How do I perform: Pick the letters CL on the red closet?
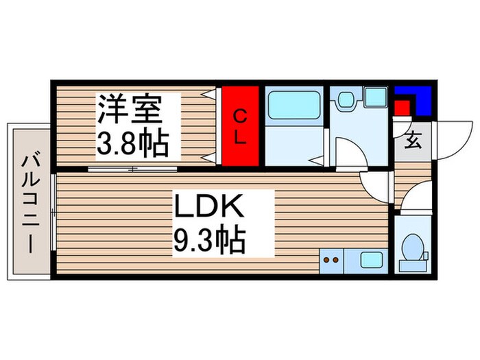(x=239, y=127)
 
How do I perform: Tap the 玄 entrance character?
(x=413, y=141)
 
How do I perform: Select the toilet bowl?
(x=413, y=248)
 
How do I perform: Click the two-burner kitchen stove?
(x=331, y=260)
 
